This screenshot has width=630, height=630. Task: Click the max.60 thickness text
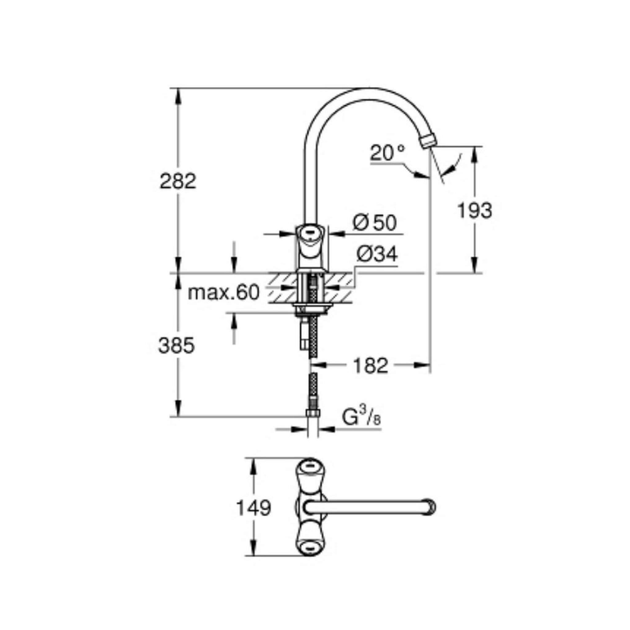pos(224,293)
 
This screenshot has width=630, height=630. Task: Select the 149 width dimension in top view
pos(253,517)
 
